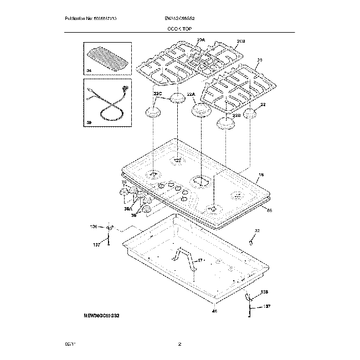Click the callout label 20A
point(200,40)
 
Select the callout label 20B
point(241,42)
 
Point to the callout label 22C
point(157,95)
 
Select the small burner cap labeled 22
point(250,114)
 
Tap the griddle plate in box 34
point(106,56)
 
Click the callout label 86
point(269,210)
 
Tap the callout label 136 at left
point(93,227)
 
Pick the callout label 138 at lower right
point(264,292)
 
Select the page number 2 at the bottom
point(180,345)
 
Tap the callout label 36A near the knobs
point(128,210)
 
